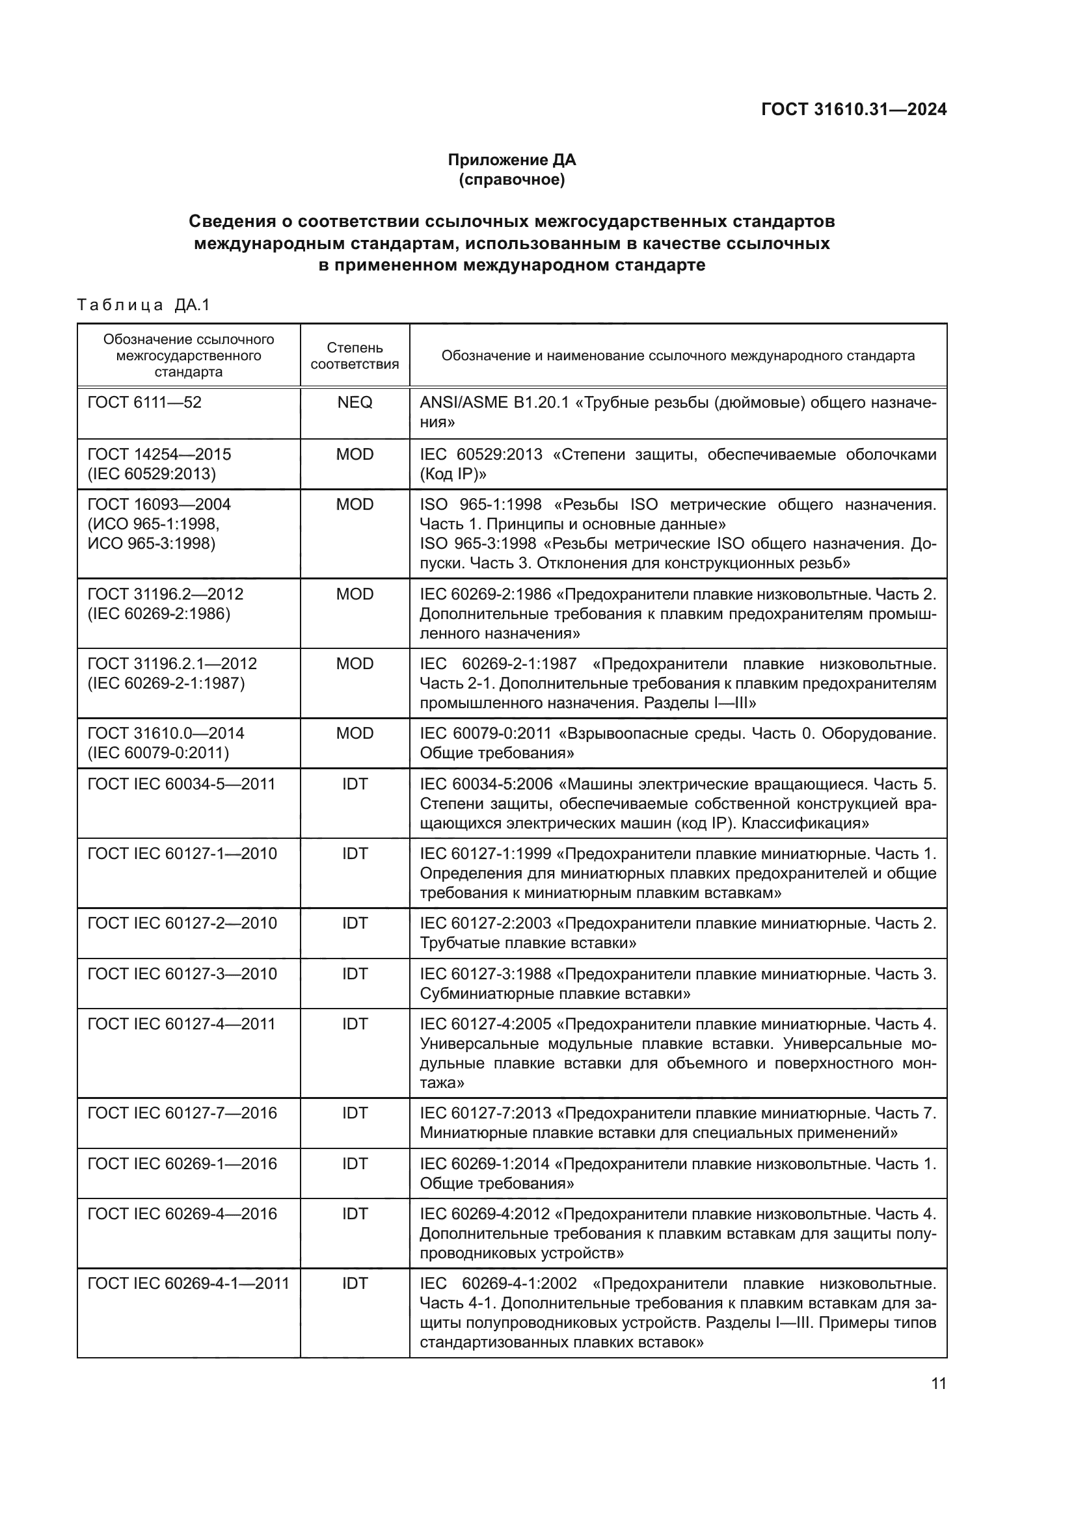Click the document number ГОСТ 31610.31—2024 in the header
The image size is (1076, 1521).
[854, 109]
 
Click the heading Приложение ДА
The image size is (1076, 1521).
[511, 160]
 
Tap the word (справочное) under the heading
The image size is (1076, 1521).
[511, 179]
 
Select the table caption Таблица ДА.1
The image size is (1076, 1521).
[143, 306]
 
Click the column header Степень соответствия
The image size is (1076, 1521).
[355, 356]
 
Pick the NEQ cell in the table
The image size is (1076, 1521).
[355, 403]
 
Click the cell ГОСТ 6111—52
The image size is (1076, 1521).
[144, 403]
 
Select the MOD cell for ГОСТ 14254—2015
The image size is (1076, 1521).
[355, 455]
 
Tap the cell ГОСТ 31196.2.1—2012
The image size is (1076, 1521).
[172, 664]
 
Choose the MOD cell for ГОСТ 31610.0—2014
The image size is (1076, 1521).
[355, 734]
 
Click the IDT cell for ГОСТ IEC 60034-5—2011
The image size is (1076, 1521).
[355, 784]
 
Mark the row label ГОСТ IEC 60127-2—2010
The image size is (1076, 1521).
[182, 923]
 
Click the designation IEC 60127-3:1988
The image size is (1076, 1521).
[485, 974]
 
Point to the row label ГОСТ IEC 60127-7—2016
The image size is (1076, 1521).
[182, 1113]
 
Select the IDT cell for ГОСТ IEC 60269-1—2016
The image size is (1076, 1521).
[355, 1164]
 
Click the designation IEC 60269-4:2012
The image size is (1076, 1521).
[485, 1214]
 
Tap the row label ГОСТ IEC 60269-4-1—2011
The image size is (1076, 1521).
[188, 1284]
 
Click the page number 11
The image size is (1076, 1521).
[938, 1384]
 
